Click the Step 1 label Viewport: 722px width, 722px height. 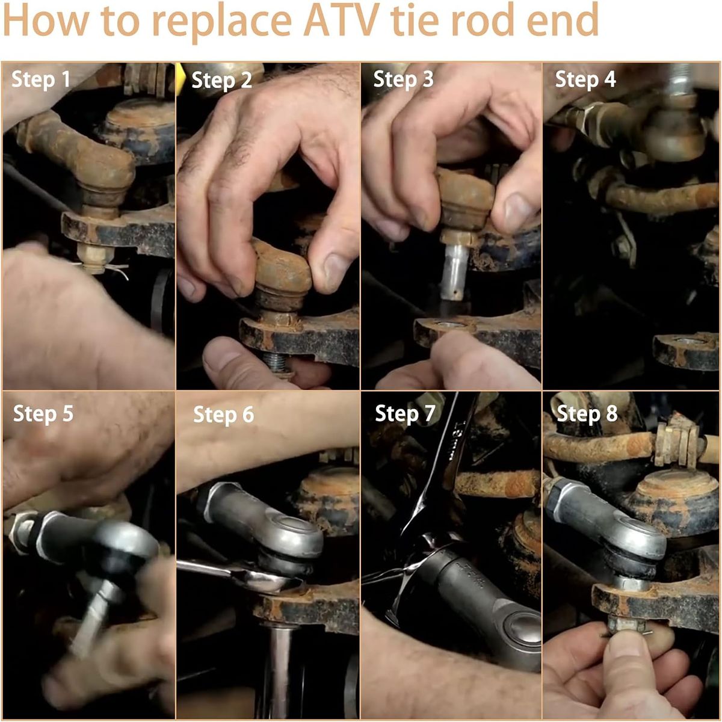click(x=41, y=79)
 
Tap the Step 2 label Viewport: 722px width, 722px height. click(x=221, y=80)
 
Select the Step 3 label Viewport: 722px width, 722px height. click(x=403, y=79)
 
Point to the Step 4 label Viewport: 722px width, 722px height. click(x=585, y=79)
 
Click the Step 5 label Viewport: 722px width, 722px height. click(x=43, y=413)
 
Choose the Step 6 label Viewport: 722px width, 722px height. click(x=223, y=415)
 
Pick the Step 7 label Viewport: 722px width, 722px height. click(x=405, y=413)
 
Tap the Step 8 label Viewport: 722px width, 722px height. click(x=587, y=413)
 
